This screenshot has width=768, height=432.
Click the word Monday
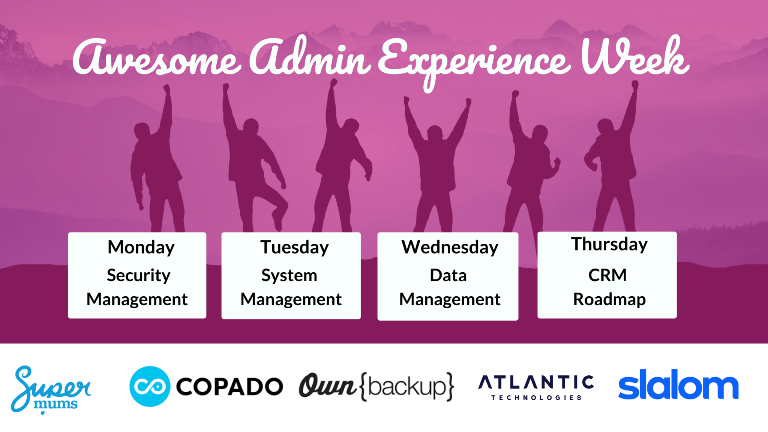(141, 247)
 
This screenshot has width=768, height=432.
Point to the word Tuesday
(294, 247)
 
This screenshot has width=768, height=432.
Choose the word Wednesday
(450, 247)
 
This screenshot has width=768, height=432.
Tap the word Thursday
(609, 244)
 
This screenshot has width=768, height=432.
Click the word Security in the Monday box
(138, 276)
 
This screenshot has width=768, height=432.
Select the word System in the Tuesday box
(289, 276)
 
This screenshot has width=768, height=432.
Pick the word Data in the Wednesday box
(448, 275)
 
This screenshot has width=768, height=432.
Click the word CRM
(607, 275)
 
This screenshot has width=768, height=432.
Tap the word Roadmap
(609, 299)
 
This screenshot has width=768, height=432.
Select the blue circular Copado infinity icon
(150, 386)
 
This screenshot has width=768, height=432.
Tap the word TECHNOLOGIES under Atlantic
(536, 397)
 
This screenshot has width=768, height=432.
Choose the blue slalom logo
(678, 385)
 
